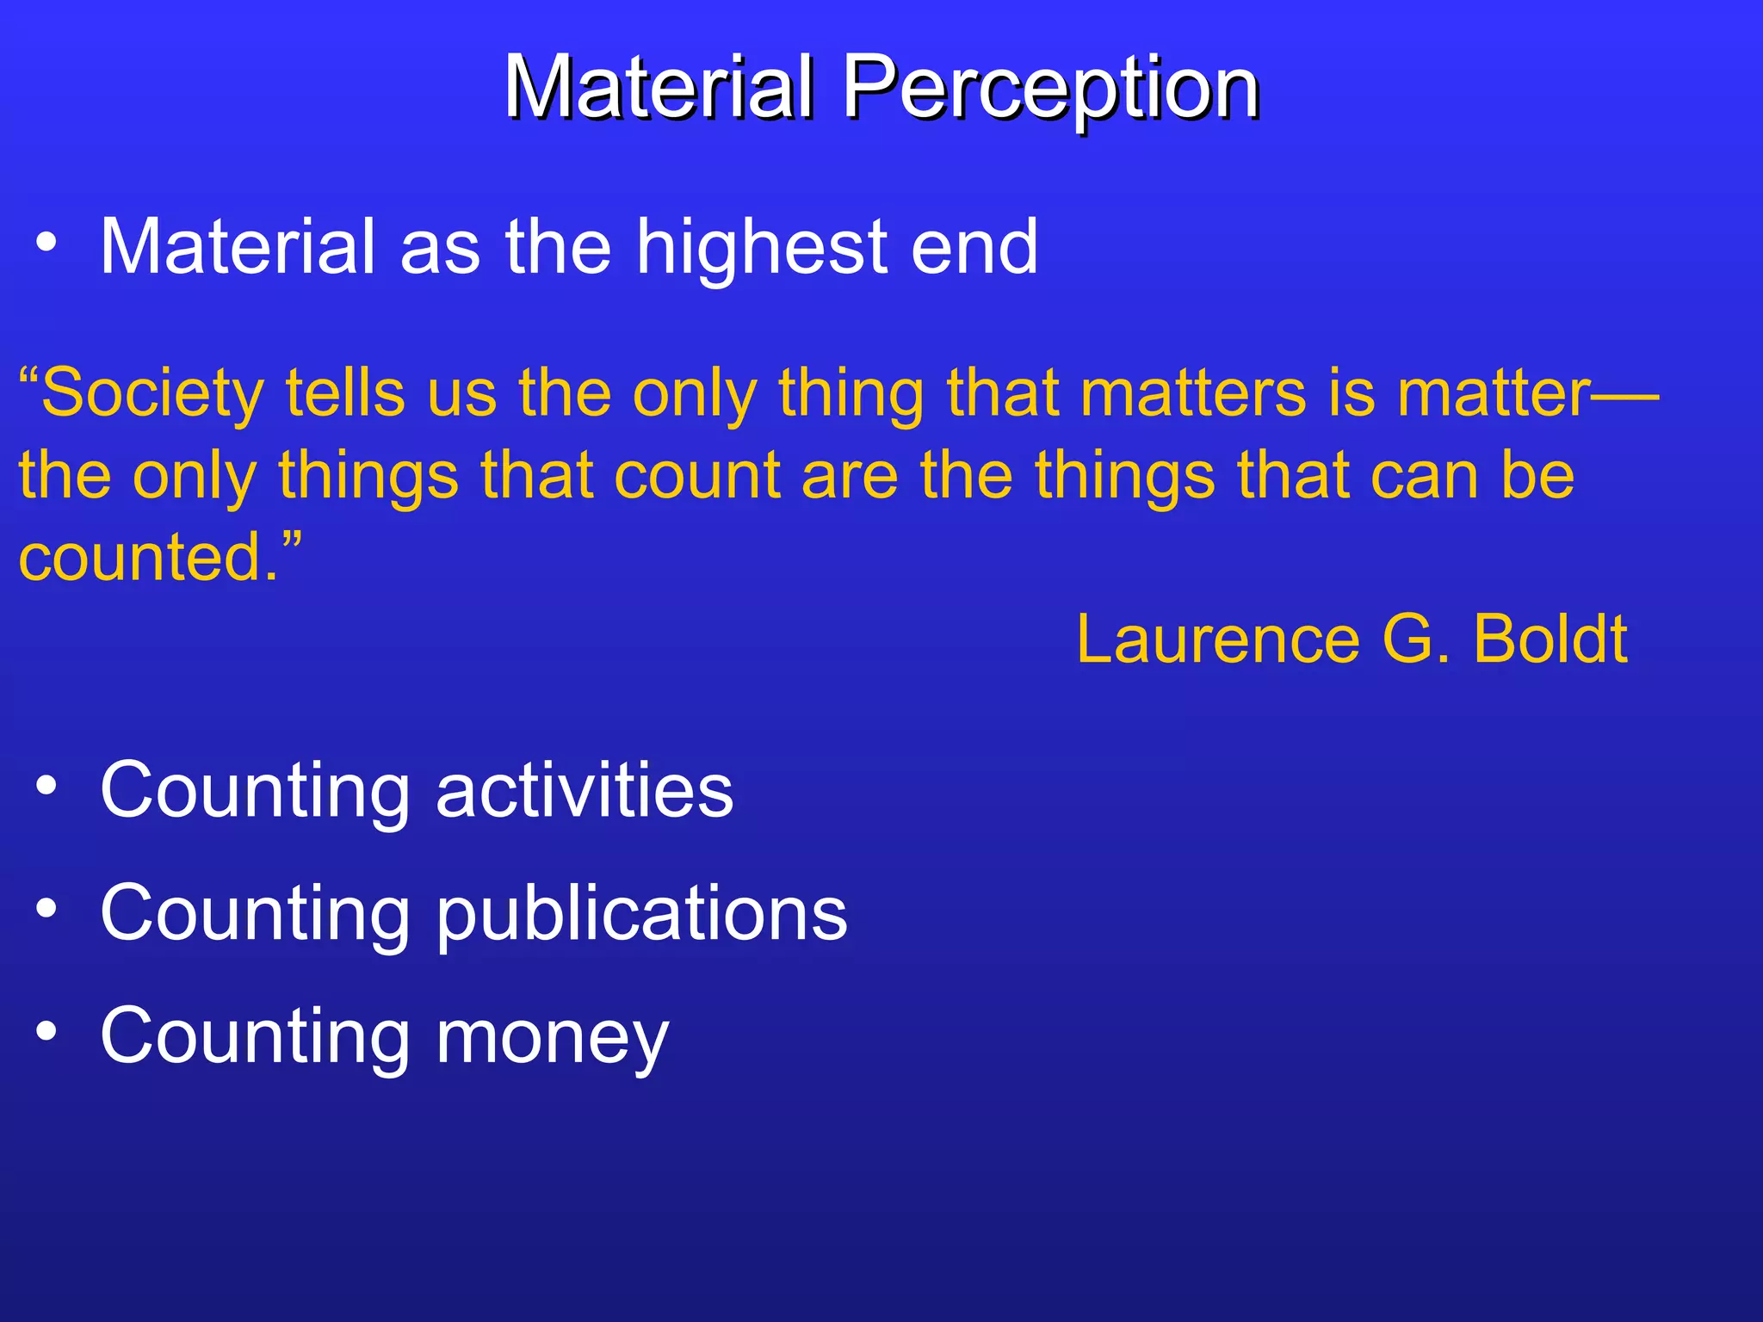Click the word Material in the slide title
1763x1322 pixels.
[659, 88]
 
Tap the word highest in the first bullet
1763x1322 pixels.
[762, 250]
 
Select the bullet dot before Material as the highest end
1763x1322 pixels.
[46, 244]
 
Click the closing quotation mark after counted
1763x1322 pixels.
[292, 542]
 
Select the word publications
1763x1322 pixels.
[641, 914]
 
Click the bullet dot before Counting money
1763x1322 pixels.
[46, 1031]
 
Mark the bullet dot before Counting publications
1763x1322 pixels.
[46, 908]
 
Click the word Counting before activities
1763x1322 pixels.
[255, 792]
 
